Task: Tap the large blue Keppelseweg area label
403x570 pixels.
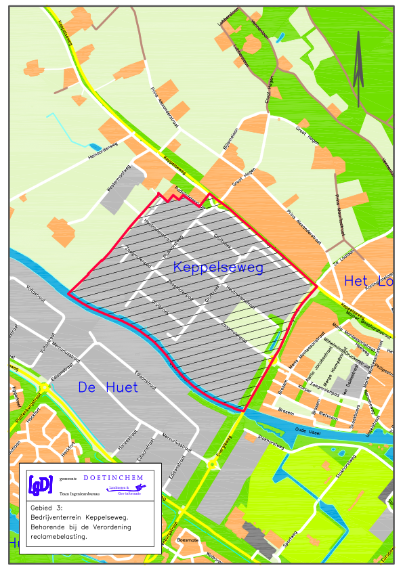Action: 217,267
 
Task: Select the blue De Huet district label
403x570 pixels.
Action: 107,388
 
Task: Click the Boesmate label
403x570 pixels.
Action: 186,540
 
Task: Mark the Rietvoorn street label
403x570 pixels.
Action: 328,412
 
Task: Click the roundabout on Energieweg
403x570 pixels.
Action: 211,464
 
